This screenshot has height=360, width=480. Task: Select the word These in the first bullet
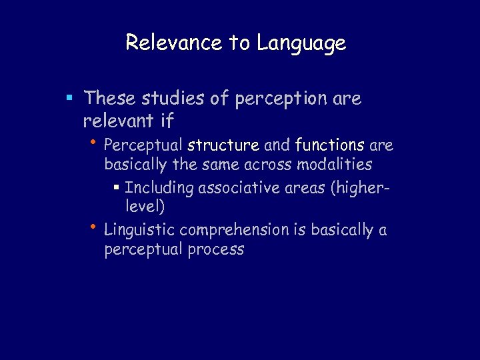(110, 99)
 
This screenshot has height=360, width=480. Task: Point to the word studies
(171, 99)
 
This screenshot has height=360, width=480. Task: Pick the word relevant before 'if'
(116, 121)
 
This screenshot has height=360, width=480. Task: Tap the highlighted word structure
(223, 145)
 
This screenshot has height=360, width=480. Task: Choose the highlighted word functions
(329, 145)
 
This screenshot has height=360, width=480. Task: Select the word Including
(158, 189)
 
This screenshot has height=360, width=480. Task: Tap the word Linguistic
(139, 231)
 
